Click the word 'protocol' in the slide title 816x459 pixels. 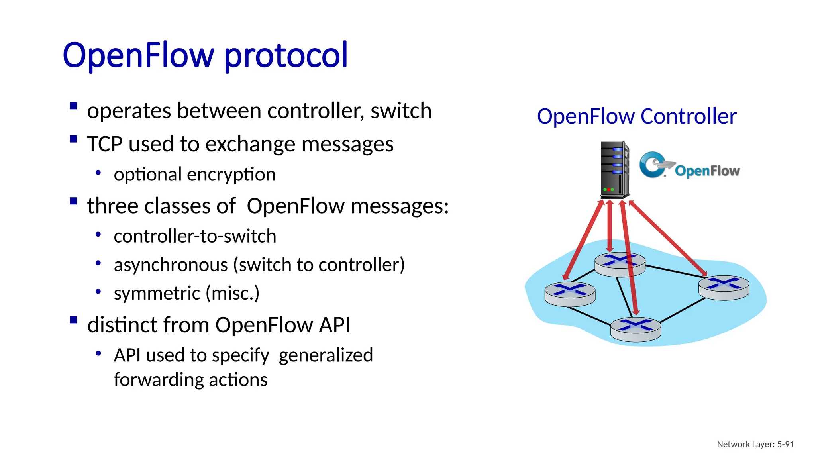click(x=286, y=56)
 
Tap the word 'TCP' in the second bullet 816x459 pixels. click(x=104, y=144)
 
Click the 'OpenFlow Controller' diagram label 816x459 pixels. click(x=636, y=116)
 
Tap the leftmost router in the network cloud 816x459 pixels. click(x=570, y=294)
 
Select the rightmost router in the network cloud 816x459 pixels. click(x=724, y=287)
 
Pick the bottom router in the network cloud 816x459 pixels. click(x=636, y=329)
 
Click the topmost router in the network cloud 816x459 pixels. click(x=620, y=264)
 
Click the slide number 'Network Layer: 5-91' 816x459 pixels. click(x=755, y=444)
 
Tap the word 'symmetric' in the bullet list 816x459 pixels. click(x=157, y=294)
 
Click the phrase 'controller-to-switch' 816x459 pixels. click(x=195, y=236)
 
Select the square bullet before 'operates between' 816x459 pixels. click(x=73, y=106)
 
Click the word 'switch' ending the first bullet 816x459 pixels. click(x=401, y=111)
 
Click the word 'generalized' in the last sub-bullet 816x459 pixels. click(x=326, y=355)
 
